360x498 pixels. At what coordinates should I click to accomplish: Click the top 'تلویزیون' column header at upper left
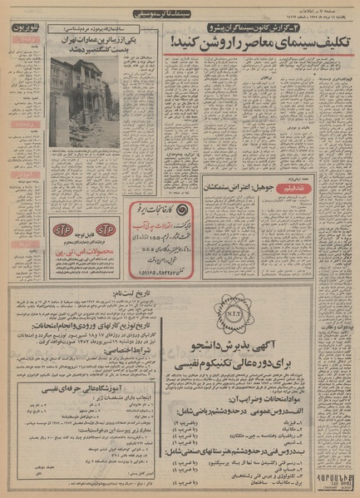(x=22, y=28)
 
